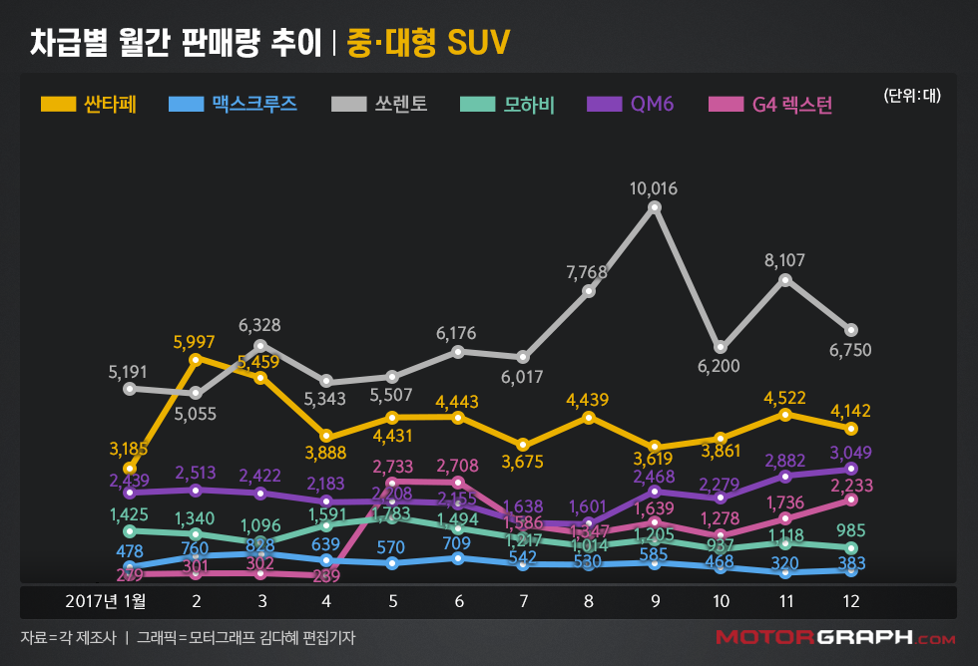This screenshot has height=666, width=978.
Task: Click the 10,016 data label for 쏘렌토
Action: [655, 188]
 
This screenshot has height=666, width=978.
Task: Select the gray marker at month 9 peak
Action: [655, 207]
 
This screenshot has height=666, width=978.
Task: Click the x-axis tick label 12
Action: [850, 601]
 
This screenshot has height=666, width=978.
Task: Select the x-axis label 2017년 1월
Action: [106, 601]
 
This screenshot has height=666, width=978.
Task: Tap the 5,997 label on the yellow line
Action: [196, 341]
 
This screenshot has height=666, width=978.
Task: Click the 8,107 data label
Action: [784, 261]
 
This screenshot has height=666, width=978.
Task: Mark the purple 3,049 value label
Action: [851, 451]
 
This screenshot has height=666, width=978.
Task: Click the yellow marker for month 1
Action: [129, 468]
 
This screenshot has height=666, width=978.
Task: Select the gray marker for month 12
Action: [850, 330]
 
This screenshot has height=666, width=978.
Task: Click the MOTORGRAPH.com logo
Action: [834, 637]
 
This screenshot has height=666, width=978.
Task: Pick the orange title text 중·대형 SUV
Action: [428, 43]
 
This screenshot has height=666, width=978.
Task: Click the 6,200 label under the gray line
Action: [719, 366]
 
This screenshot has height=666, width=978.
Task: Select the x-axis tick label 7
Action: [523, 601]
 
